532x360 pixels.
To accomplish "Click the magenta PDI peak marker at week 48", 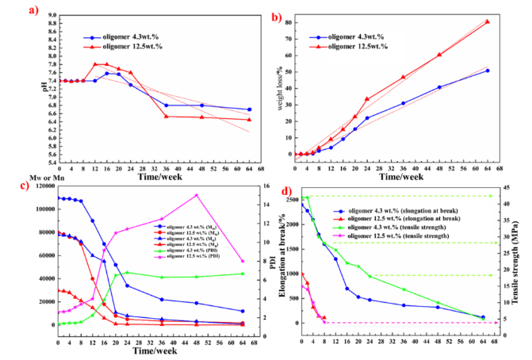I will tap(196, 195).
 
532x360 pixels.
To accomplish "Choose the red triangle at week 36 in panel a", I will tap(165, 117).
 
